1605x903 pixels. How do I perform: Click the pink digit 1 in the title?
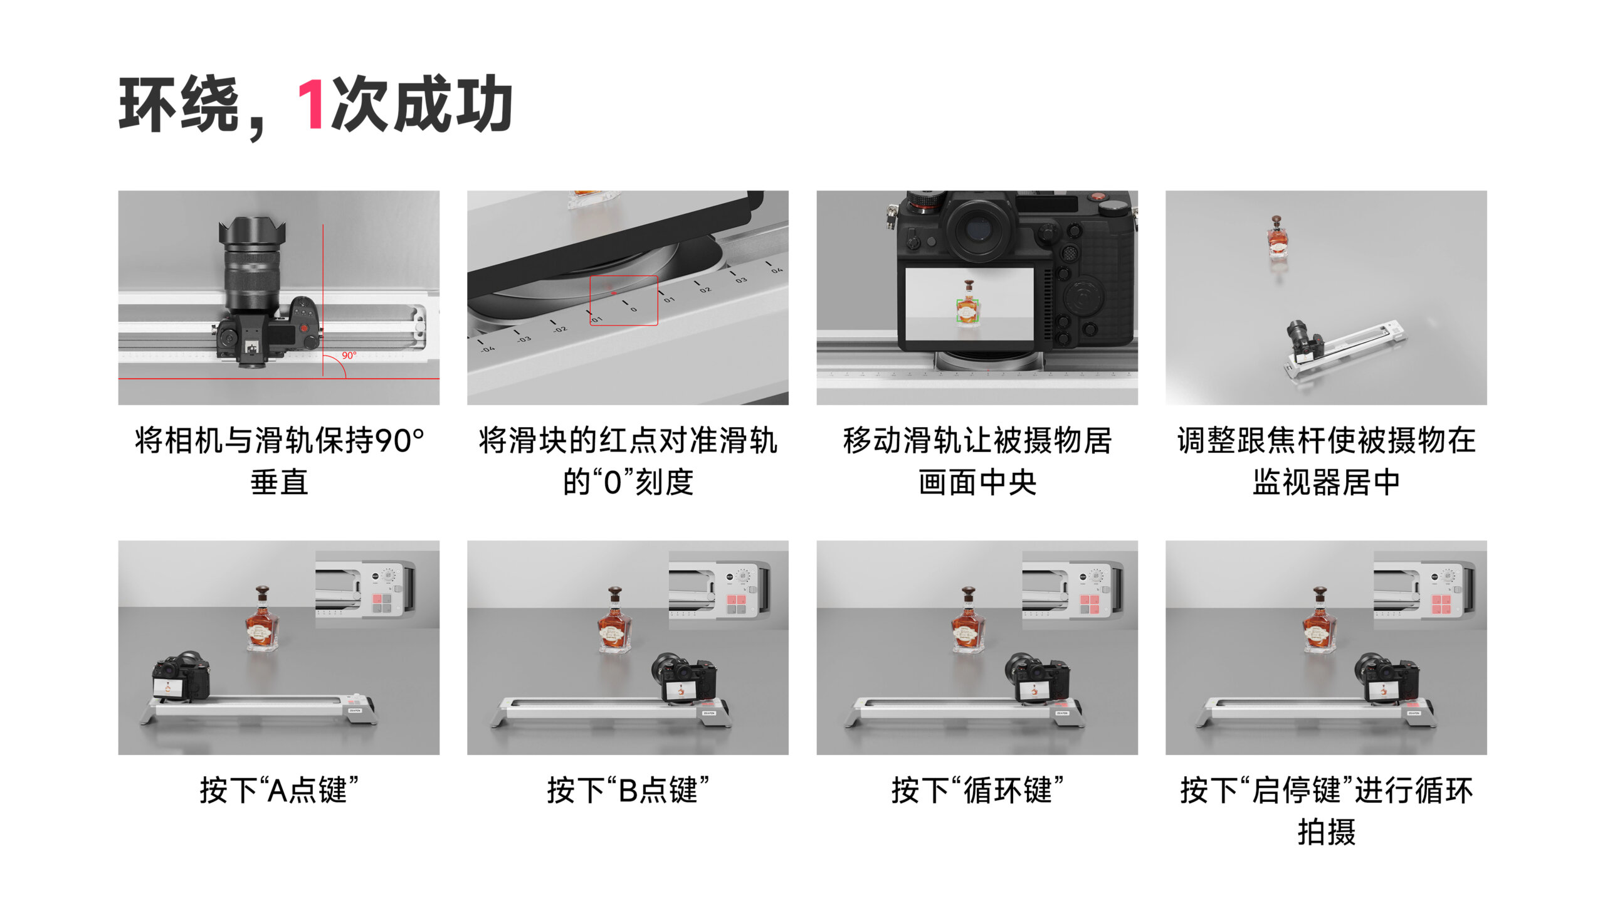pyautogui.click(x=310, y=104)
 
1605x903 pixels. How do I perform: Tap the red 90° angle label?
pyautogui.click(x=349, y=356)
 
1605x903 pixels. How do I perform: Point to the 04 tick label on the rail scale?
pyautogui.click(x=777, y=270)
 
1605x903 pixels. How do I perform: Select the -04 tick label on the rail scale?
pyautogui.click(x=488, y=349)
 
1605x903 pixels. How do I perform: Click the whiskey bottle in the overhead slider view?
pyautogui.click(x=1277, y=236)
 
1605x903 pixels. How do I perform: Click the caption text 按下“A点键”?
pyautogui.click(x=279, y=790)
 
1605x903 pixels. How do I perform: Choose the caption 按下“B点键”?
pyautogui.click(x=628, y=790)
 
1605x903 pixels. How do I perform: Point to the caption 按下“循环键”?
pyautogui.click(x=977, y=790)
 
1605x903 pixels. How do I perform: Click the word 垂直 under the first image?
pyautogui.click(x=279, y=482)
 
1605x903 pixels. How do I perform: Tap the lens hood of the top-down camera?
pyautogui.click(x=252, y=231)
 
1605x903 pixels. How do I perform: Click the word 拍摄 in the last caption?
pyautogui.click(x=1326, y=832)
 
